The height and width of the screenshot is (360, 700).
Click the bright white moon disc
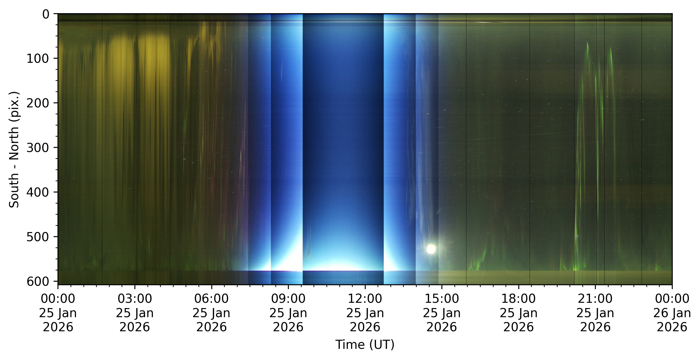pyautogui.click(x=431, y=249)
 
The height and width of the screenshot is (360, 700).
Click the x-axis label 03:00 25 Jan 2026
pyautogui.click(x=135, y=313)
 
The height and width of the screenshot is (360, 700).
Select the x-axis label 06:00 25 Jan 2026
pyautogui.click(x=211, y=313)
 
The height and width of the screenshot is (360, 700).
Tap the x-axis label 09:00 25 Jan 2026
pyautogui.click(x=288, y=313)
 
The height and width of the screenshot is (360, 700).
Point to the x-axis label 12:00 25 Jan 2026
pyautogui.click(x=365, y=313)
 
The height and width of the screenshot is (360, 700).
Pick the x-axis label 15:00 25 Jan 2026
pyautogui.click(x=442, y=313)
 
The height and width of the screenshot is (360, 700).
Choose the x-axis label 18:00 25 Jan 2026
pyautogui.click(x=519, y=313)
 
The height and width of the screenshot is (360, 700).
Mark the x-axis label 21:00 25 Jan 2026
pyautogui.click(x=595, y=313)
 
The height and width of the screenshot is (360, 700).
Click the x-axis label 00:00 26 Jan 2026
pyautogui.click(x=672, y=313)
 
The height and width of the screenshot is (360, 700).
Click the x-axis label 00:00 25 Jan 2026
pyautogui.click(x=58, y=313)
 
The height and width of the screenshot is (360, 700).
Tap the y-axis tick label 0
pyautogui.click(x=46, y=14)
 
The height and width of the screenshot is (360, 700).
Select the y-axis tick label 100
pyautogui.click(x=38, y=59)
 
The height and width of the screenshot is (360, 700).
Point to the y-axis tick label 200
pyautogui.click(x=38, y=103)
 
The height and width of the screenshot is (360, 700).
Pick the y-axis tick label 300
pyautogui.click(x=38, y=148)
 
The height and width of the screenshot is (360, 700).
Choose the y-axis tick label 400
pyautogui.click(x=38, y=192)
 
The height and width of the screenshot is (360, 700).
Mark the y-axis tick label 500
pyautogui.click(x=38, y=237)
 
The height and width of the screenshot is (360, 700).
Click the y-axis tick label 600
pyautogui.click(x=38, y=281)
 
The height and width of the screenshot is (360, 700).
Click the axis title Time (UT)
pyautogui.click(x=365, y=344)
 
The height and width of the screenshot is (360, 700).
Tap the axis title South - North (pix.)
pyautogui.click(x=14, y=150)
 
